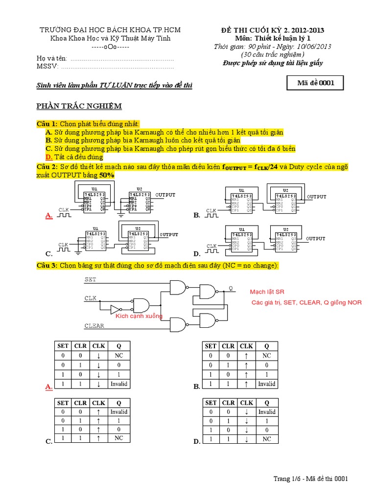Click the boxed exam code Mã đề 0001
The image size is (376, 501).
(316, 83)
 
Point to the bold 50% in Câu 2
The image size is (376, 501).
(107, 175)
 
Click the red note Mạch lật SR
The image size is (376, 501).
(270, 292)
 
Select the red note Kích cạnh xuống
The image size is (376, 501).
(139, 316)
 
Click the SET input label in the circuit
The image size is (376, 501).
(91, 279)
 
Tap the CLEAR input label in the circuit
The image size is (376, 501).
(94, 325)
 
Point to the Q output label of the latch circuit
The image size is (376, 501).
(231, 288)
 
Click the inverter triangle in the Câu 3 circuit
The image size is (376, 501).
(115, 309)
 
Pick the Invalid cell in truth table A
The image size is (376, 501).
(118, 384)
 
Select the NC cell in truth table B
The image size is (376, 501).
(266, 356)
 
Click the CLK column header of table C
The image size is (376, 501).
(98, 403)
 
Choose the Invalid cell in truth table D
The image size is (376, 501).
(266, 412)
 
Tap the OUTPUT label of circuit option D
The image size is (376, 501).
(316, 239)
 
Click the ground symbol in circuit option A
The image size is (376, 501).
(120, 214)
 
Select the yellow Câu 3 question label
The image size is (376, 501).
(47, 265)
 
